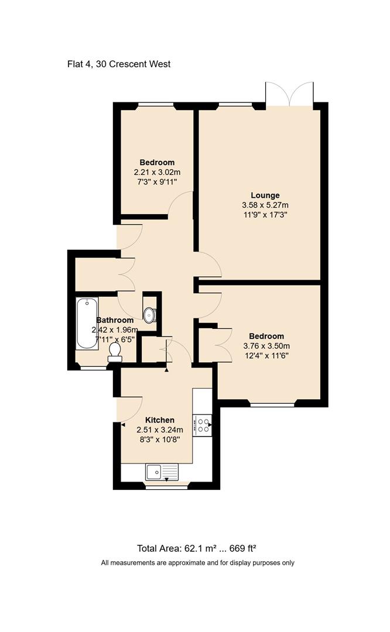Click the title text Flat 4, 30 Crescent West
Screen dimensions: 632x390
pyautogui.click(x=119, y=64)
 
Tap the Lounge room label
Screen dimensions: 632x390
pyautogui.click(x=265, y=195)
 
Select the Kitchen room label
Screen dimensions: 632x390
pyautogui.click(x=160, y=420)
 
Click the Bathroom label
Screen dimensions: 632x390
pyautogui.click(x=115, y=320)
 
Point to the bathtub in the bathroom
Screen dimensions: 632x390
pyautogui.click(x=87, y=323)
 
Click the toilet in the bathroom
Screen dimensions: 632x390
pyautogui.click(x=115, y=350)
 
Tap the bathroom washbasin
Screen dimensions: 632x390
pyautogui.click(x=149, y=315)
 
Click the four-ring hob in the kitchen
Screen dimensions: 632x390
pyautogui.click(x=202, y=424)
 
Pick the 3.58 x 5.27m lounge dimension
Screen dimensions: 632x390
pyautogui.click(x=265, y=205)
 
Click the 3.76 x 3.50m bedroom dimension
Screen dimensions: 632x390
pyautogui.click(x=266, y=346)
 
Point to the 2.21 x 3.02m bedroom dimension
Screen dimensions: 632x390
pyautogui.click(x=157, y=173)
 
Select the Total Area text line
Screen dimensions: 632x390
pyautogui.click(x=197, y=548)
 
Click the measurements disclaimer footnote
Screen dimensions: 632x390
pyautogui.click(x=197, y=563)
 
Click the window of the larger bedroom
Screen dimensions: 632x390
pyautogui.click(x=272, y=404)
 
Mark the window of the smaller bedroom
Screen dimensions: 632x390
pyautogui.click(x=156, y=105)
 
